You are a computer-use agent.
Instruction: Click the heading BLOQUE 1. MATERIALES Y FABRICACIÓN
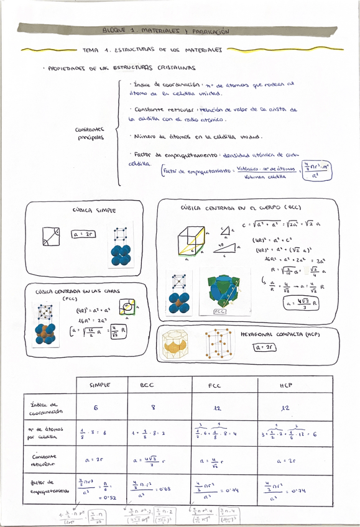(166, 30)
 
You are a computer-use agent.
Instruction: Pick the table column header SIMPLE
(99, 385)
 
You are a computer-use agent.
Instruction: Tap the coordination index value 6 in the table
(96, 408)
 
